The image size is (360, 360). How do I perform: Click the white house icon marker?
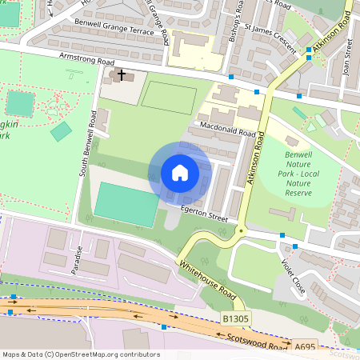coord(180,173)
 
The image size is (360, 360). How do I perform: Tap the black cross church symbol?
coord(122,74)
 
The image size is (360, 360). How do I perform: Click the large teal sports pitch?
coord(126,204)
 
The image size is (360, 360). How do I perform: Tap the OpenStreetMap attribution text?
coord(80,354)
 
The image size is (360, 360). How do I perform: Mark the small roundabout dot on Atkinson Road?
coord(240,230)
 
